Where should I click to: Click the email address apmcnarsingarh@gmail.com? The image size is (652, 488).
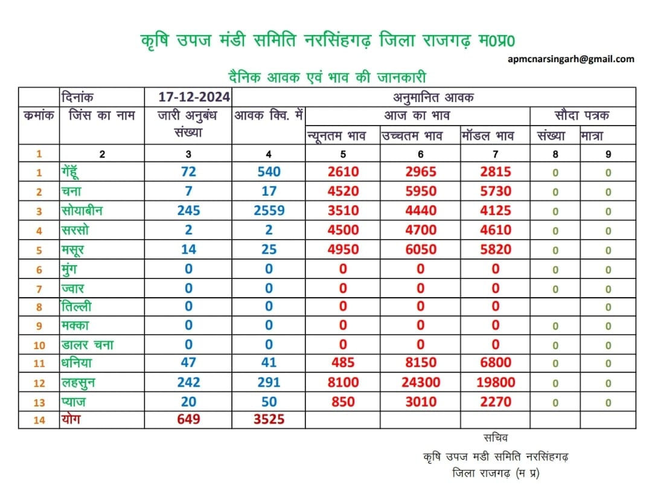[x=571, y=59]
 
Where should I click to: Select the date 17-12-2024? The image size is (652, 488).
[x=194, y=97]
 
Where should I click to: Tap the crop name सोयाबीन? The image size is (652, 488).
[x=82, y=211]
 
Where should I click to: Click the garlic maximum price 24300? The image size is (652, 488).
[x=421, y=382]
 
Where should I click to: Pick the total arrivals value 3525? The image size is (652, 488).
[x=269, y=419]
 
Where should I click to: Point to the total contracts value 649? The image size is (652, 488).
[x=188, y=419]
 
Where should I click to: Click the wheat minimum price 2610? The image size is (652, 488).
[x=343, y=172]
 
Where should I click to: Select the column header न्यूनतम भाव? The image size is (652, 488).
[x=336, y=136]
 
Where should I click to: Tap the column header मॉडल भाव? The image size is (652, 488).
[x=488, y=136]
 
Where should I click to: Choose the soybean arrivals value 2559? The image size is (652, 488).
[x=269, y=211]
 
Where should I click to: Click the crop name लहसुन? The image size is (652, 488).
[x=78, y=383]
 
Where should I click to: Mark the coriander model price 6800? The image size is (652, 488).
[x=496, y=362]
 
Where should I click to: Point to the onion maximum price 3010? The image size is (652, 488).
[x=421, y=402]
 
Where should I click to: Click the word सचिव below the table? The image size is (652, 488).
[x=496, y=438]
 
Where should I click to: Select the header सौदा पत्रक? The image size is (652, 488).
[x=582, y=115]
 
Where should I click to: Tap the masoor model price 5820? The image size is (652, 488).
[x=496, y=249]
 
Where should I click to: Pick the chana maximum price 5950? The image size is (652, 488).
[x=421, y=191]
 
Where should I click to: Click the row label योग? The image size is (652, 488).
[x=71, y=419]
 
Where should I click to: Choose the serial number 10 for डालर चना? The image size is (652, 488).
[x=39, y=345]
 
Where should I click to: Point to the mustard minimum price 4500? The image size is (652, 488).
[x=343, y=230]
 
